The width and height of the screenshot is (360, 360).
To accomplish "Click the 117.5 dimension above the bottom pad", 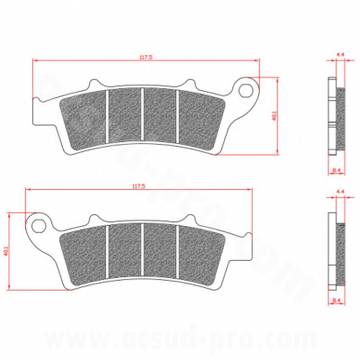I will click(138, 186).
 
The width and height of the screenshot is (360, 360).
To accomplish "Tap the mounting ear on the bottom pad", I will click(39, 224).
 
